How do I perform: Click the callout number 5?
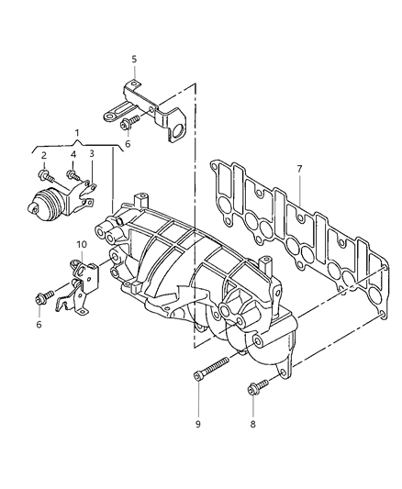click(133, 60)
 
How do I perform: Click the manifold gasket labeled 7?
click(294, 234)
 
